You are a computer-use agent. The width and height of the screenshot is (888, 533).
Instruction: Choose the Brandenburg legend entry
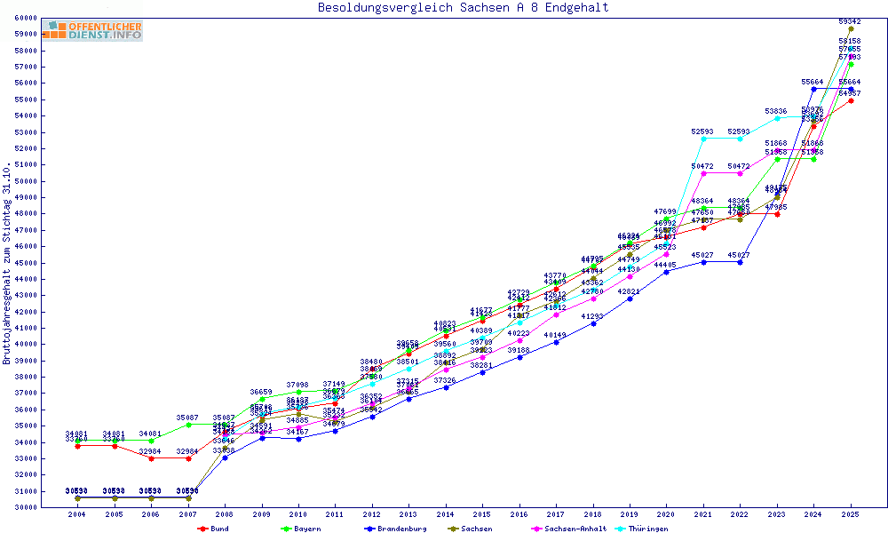pos(396,529)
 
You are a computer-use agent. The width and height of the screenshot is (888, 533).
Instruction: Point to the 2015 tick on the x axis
pos(482,514)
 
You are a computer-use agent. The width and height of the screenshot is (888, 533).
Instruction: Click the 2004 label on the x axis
pos(77,514)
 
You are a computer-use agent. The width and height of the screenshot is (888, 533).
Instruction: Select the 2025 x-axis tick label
pos(851,514)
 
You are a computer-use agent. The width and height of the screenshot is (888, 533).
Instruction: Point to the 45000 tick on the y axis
pos(25,263)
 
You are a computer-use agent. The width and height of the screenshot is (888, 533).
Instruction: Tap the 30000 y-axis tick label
pos(25,507)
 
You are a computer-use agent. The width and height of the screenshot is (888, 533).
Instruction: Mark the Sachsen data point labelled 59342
pos(851,28)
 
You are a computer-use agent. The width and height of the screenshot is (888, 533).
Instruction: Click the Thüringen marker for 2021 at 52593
pos(703,139)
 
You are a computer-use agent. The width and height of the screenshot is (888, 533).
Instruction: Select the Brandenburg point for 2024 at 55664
pos(813,89)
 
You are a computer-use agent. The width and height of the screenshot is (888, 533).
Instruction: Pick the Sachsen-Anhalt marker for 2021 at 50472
pos(703,173)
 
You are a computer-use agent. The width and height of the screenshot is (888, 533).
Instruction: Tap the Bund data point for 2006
pos(151,458)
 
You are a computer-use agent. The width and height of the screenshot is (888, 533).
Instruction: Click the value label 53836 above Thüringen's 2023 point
pos(777,111)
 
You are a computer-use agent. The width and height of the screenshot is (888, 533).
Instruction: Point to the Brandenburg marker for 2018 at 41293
pos(593,323)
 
